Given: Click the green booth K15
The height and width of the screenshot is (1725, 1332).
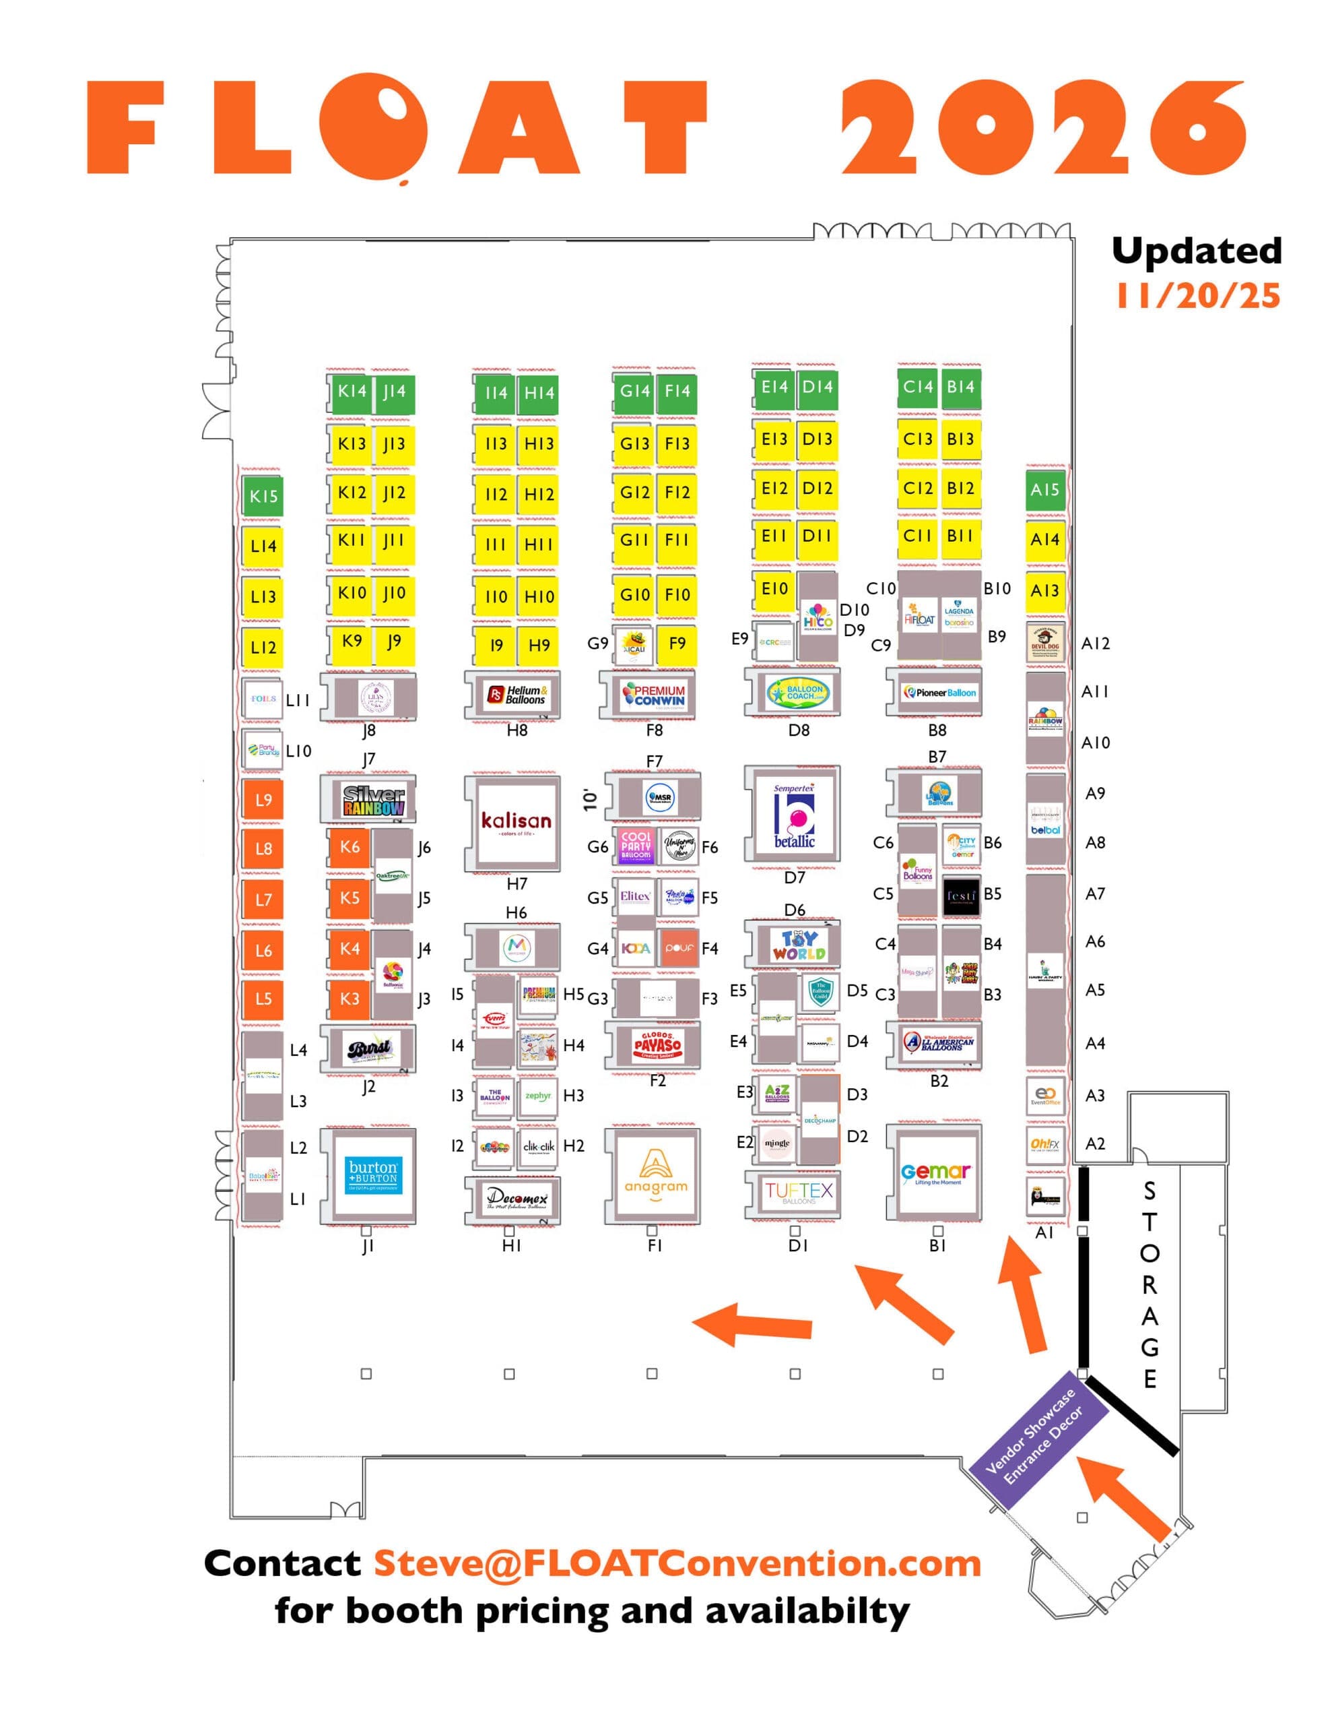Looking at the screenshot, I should (x=262, y=496).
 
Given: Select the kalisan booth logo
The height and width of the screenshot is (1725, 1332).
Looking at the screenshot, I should (x=517, y=822).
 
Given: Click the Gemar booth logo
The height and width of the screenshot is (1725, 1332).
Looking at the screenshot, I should (x=937, y=1174).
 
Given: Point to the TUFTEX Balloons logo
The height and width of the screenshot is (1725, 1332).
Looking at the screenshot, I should (x=798, y=1192).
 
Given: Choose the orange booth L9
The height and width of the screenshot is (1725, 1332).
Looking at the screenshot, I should (x=263, y=799).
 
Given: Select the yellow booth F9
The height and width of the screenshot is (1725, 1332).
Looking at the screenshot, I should (x=677, y=643).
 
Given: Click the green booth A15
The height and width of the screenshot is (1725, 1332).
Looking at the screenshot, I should (x=1044, y=490).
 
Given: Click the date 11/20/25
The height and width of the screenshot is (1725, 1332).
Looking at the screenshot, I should (x=1197, y=295).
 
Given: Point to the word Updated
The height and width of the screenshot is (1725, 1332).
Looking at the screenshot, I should (x=1196, y=251).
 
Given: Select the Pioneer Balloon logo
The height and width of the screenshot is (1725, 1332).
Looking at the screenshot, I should (x=939, y=692).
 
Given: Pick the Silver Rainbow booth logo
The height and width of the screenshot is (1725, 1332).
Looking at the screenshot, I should (x=374, y=800).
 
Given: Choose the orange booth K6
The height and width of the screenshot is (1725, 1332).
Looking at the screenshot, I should (x=349, y=847).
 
